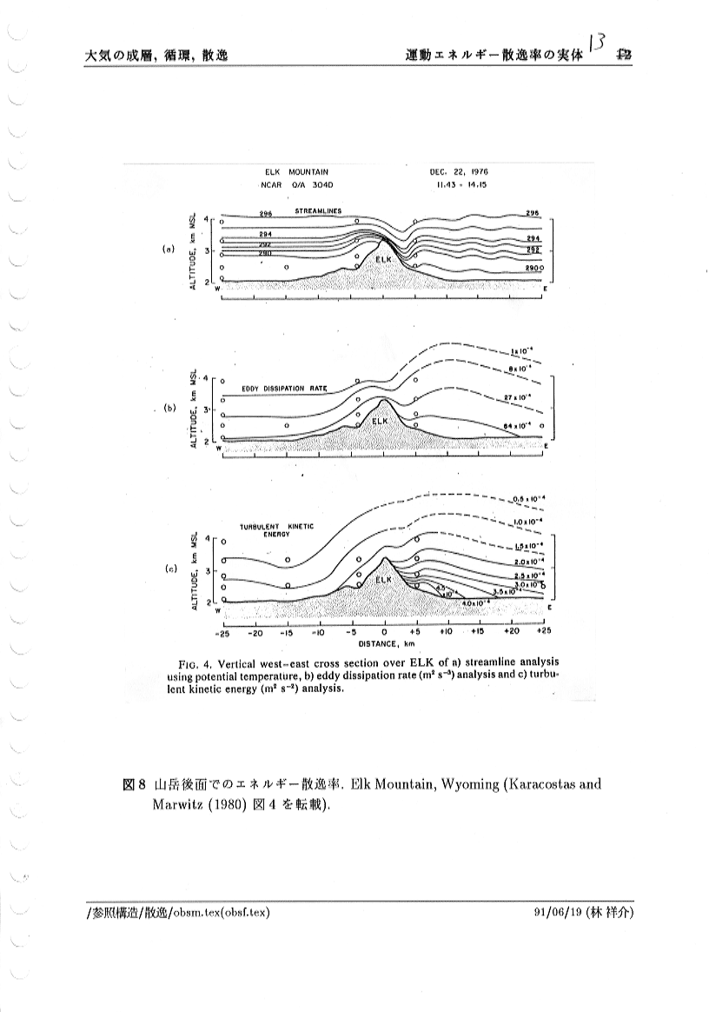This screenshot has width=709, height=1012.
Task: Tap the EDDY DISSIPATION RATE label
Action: [x=283, y=389]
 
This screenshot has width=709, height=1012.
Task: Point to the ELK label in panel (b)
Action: [x=380, y=421]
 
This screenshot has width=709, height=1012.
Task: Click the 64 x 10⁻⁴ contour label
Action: [x=519, y=425]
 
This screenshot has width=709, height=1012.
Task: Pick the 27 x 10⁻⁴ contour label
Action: [x=519, y=396]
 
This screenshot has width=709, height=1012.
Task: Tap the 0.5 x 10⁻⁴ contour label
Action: [x=528, y=497]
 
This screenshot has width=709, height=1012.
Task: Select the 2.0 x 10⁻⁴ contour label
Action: [x=528, y=562]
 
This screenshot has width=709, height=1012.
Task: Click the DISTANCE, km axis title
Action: [x=383, y=645]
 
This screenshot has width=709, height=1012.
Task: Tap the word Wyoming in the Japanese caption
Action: [x=470, y=784]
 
